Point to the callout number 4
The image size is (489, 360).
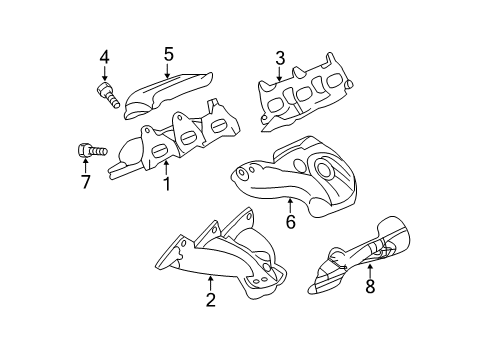point(104,57)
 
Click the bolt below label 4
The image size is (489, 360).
point(107,96)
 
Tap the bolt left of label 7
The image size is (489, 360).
point(87,152)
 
